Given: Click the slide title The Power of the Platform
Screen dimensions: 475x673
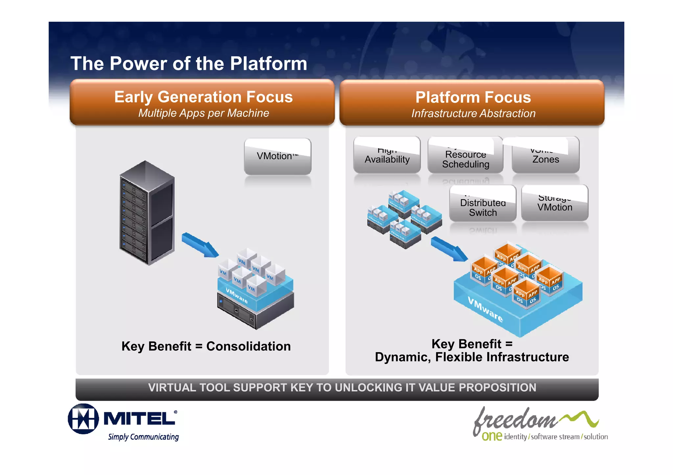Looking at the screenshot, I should [x=189, y=63].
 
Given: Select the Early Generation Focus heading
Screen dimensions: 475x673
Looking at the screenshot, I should [x=203, y=97].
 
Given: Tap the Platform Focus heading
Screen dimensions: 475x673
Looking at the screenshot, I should [x=473, y=97].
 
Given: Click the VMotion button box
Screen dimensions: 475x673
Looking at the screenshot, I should [x=277, y=156].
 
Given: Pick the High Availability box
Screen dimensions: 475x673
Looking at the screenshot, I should [x=387, y=155].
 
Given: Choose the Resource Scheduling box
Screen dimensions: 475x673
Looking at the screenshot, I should [x=465, y=155].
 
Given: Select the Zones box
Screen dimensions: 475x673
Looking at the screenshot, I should [x=545, y=155].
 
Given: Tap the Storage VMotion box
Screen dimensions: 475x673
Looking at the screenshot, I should [x=555, y=203].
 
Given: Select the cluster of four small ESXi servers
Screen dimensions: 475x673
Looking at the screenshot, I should [x=404, y=218].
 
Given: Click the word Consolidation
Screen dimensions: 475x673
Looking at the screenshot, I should [x=248, y=346].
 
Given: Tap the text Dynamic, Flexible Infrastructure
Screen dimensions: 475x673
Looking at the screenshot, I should [x=472, y=357].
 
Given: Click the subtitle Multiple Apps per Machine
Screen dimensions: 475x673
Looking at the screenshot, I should [x=203, y=113].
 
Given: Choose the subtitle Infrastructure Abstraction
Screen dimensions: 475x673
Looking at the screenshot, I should [x=473, y=114].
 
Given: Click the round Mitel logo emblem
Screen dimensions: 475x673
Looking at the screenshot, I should [x=83, y=419].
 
